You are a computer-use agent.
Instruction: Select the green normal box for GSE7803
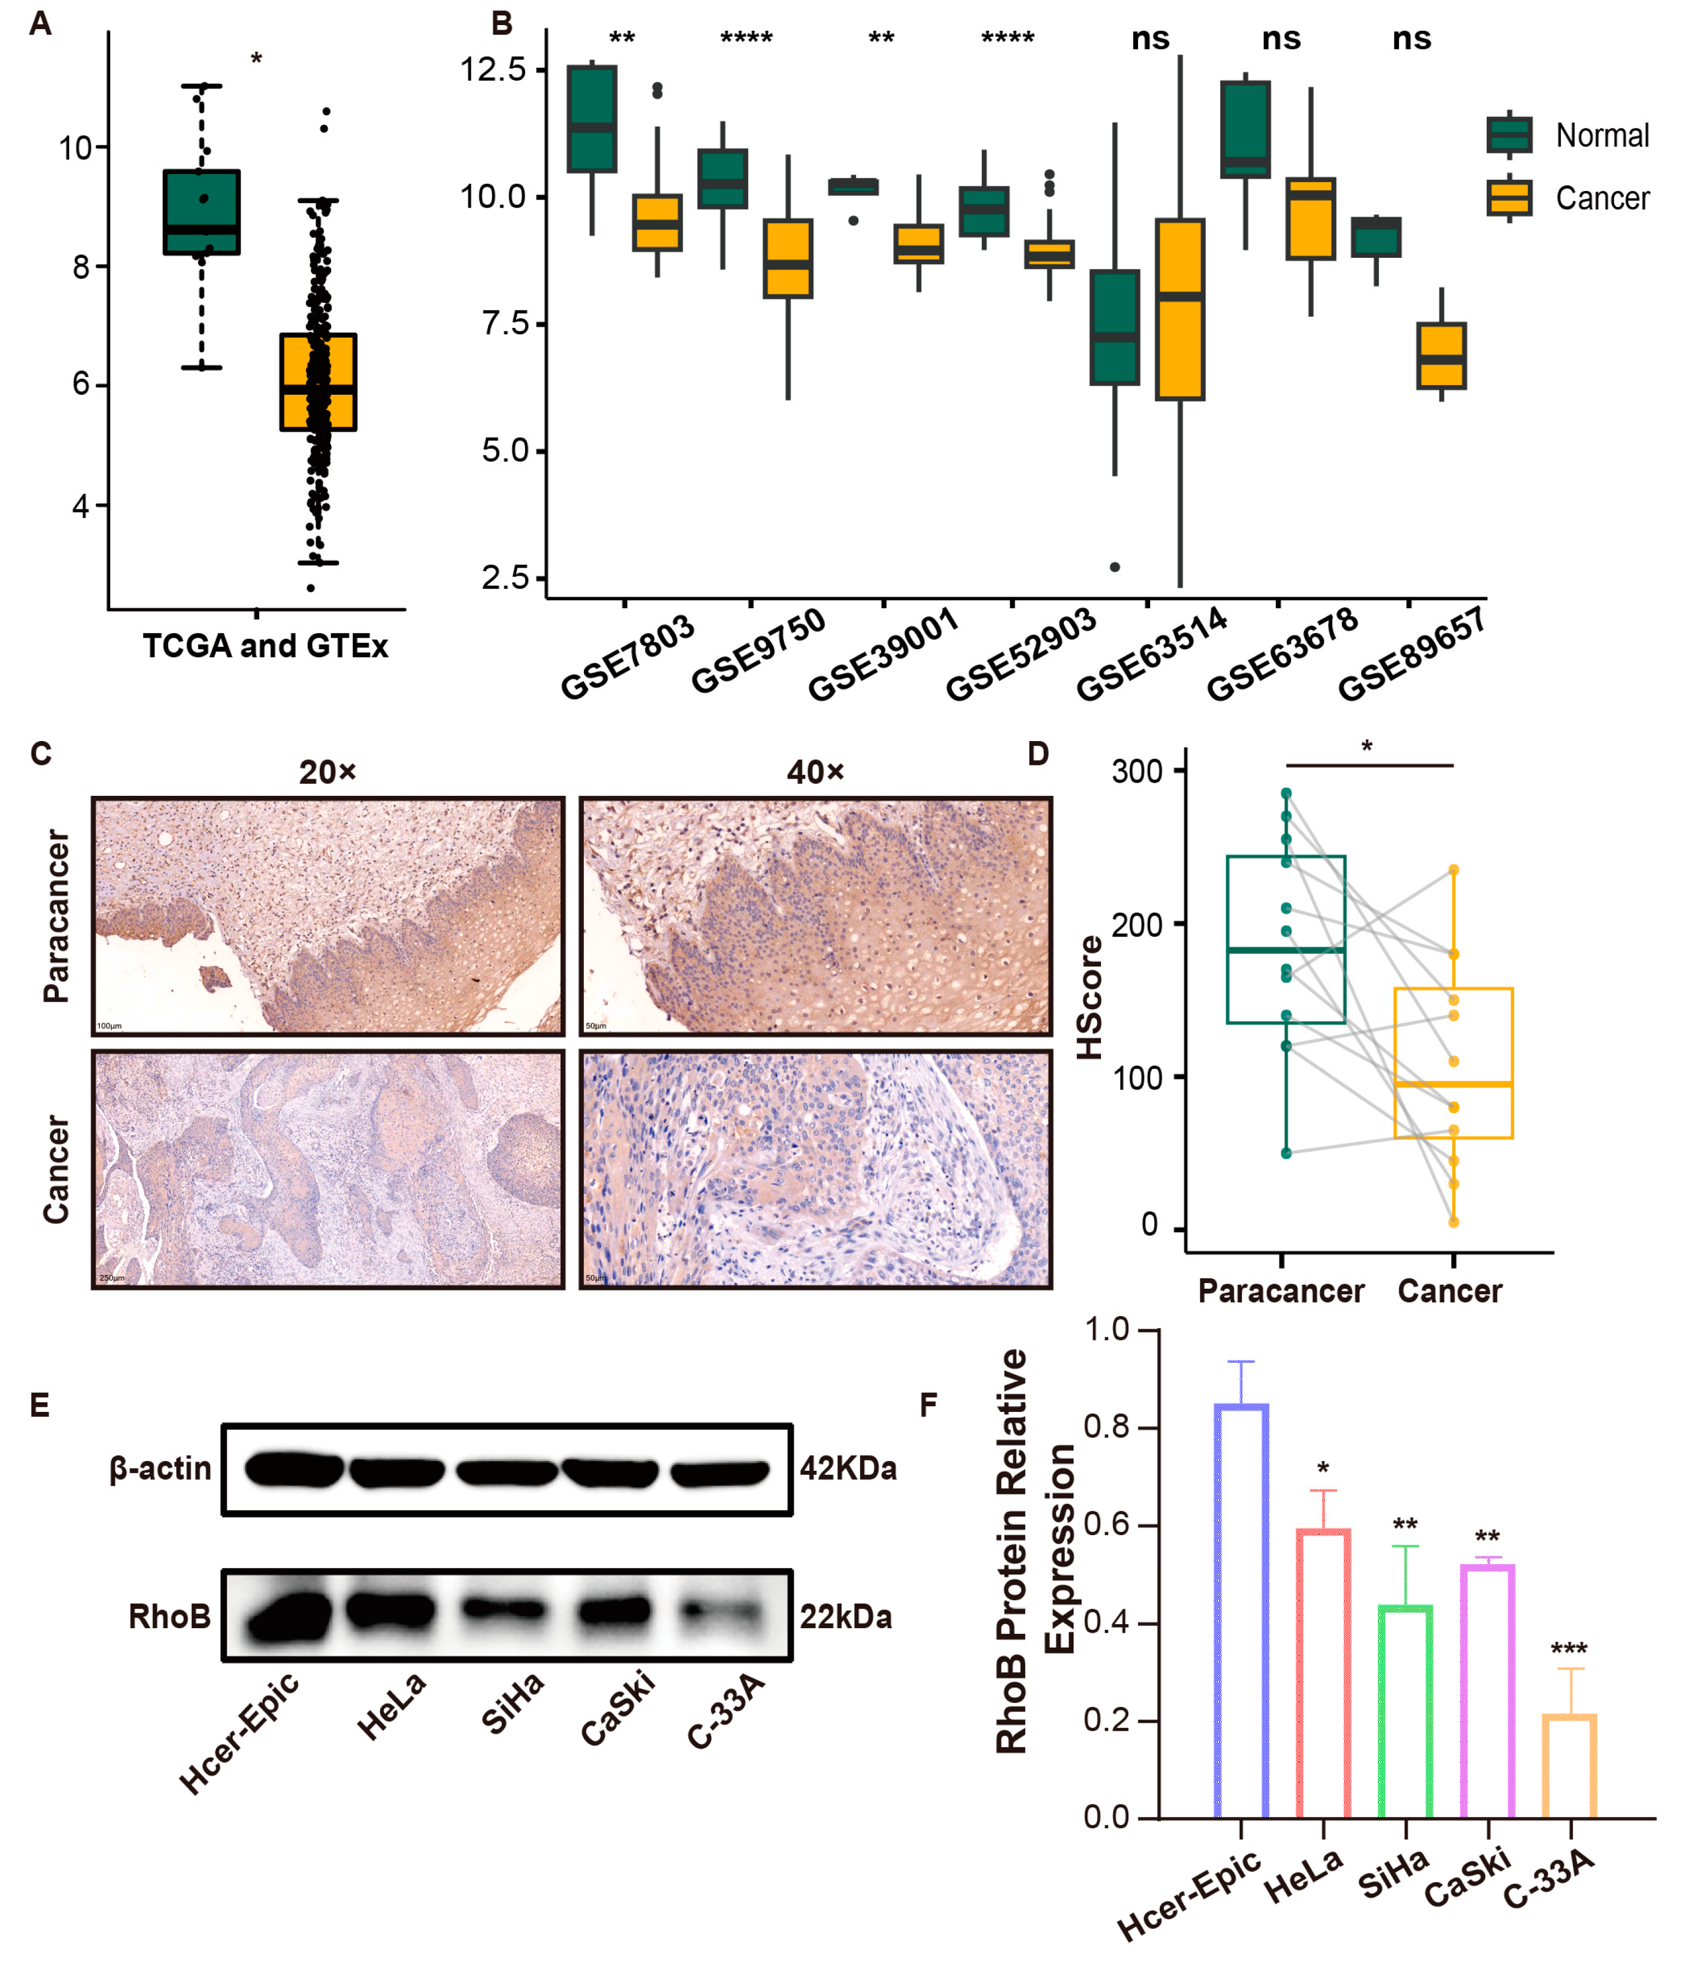coord(591,119)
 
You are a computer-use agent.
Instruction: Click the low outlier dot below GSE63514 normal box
coord(1115,567)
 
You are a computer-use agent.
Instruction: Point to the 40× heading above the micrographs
coord(815,771)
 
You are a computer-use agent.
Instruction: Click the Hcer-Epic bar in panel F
coord(1240,1611)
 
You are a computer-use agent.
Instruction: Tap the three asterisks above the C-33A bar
coord(1568,1649)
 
